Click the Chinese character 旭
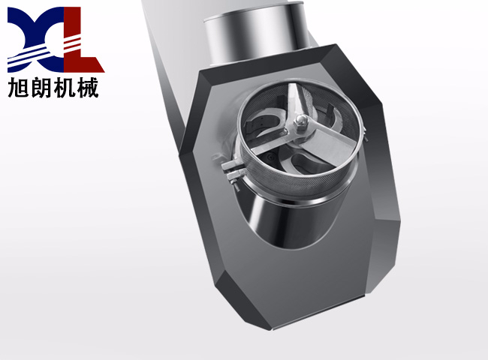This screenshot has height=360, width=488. [18, 87]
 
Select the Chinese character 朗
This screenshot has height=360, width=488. [41, 87]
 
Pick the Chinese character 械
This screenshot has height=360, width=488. [88, 87]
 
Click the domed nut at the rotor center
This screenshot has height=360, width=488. [301, 120]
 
